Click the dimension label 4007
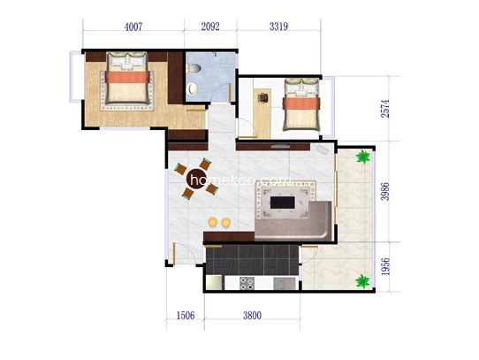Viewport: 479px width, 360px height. pos(133,27)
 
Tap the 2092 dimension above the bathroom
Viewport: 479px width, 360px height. pos(210,27)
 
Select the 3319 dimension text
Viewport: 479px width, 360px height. pos(278,27)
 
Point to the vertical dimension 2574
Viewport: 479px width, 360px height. pos(385,109)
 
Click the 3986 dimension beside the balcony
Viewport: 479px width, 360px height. pos(385,191)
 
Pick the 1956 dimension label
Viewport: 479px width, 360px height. pos(385,266)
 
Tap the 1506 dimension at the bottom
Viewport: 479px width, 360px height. pos(186,316)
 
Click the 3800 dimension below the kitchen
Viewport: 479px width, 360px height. pos(253,316)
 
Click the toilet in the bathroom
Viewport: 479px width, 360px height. pos(193,68)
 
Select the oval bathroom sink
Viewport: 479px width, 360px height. pos(192,88)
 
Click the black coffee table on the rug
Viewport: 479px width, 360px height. pos(283,203)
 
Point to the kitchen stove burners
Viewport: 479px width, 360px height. pos(247,283)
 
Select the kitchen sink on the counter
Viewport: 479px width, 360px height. pos(285,284)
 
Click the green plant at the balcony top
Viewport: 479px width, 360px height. pos(363,157)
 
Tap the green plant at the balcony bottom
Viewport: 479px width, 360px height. pos(363,281)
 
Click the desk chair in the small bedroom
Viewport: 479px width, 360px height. pos(263,97)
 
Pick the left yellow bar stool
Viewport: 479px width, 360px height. pos(213,222)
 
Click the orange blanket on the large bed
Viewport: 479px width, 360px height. pos(127,77)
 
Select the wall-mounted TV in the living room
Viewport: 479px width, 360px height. pos(281,147)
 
